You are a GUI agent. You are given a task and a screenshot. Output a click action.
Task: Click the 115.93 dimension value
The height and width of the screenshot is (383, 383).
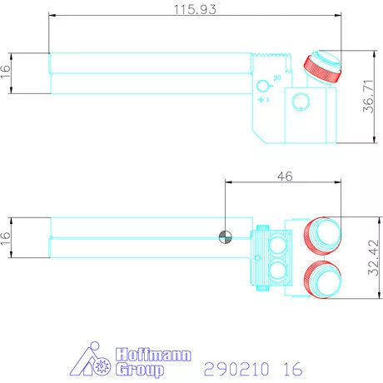pos(195,9)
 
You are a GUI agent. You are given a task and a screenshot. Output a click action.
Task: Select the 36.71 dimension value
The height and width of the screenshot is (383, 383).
pos(368,97)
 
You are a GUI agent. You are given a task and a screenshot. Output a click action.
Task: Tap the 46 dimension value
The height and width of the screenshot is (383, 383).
pos(285,177)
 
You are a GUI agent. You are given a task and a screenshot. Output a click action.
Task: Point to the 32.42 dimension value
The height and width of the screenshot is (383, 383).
pos(373,257)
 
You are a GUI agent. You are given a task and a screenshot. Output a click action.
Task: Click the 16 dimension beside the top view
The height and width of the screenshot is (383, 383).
pos(6,72)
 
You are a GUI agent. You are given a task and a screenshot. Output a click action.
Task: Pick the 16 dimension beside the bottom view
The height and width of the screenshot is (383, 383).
pos(6,238)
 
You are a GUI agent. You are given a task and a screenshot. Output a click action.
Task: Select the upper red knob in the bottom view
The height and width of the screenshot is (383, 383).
pos(322,235)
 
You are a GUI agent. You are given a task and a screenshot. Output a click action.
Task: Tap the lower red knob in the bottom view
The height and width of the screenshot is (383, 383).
pos(322,280)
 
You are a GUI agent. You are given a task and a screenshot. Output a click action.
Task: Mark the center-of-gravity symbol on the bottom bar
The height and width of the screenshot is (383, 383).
pos(226,237)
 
